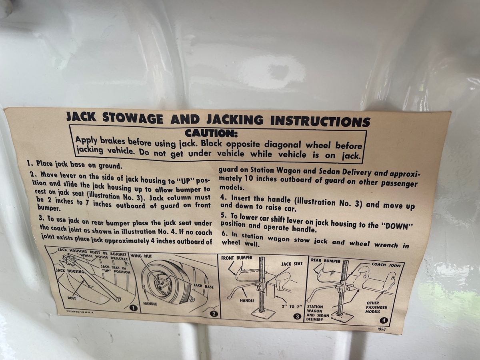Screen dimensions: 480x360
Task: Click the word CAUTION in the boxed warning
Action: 211,133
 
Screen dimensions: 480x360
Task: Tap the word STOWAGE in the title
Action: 133,118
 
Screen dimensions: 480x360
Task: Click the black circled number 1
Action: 133,308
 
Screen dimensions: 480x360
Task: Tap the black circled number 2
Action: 214,314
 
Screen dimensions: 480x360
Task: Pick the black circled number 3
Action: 297,316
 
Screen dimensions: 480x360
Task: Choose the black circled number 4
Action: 384,321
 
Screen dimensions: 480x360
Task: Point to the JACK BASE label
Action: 203,286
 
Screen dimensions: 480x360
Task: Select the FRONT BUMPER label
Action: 237,258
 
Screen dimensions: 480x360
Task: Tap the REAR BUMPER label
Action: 326,261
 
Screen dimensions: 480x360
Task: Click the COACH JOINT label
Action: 386,265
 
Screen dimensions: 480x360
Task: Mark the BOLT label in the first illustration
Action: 72,298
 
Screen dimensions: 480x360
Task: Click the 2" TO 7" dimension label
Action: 292,306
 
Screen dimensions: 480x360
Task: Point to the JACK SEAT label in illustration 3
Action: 292,264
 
